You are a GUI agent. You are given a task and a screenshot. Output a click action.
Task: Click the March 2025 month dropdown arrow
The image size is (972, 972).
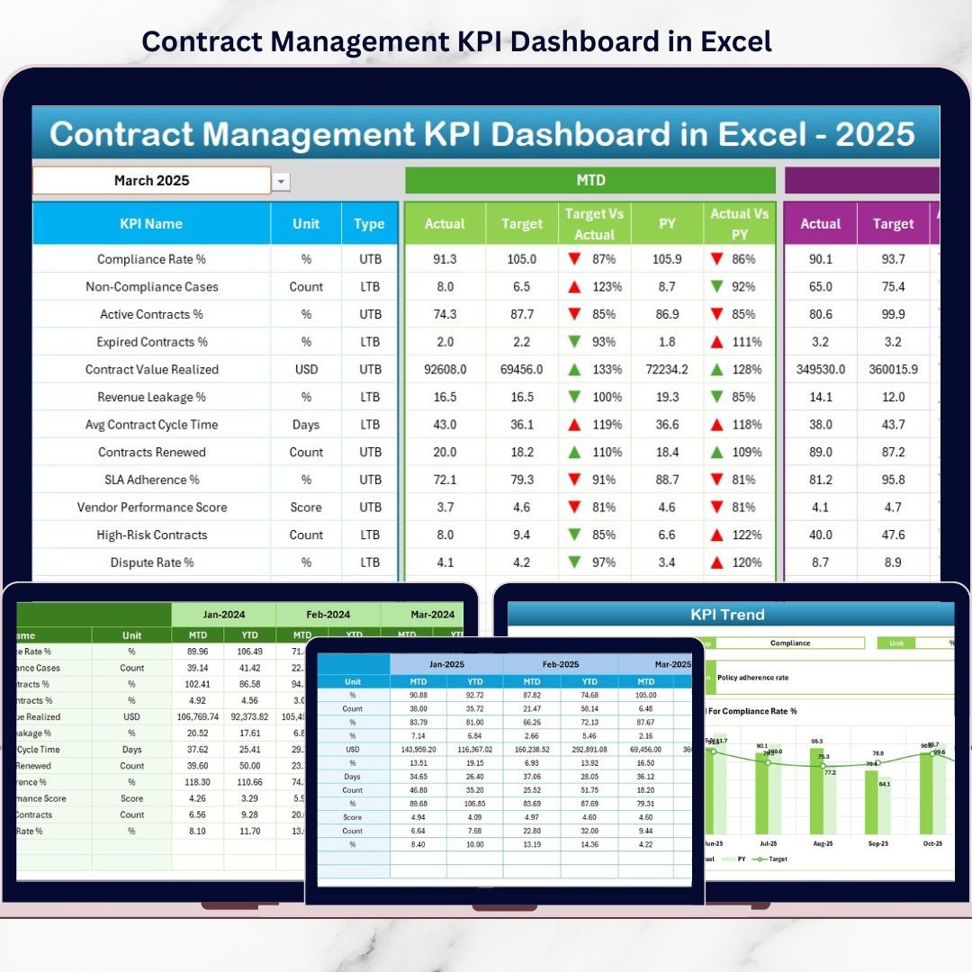(x=282, y=182)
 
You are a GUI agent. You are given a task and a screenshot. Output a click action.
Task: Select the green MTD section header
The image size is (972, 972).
(x=590, y=180)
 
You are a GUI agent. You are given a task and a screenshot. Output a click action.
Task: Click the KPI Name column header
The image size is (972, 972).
(x=151, y=224)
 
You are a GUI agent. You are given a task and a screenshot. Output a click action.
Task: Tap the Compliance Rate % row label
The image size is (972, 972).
(x=151, y=259)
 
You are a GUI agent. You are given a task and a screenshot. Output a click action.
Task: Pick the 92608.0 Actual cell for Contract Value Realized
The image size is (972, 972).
(x=445, y=370)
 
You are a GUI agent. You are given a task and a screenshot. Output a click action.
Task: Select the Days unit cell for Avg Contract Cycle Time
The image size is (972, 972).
(x=306, y=425)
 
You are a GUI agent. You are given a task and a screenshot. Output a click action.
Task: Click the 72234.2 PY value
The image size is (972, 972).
(x=667, y=370)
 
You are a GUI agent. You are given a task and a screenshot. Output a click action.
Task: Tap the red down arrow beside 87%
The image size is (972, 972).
(x=573, y=259)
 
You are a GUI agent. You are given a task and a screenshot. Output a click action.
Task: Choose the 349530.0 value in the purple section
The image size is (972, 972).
(x=820, y=370)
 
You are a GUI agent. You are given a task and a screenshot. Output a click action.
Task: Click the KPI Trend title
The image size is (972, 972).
(x=727, y=615)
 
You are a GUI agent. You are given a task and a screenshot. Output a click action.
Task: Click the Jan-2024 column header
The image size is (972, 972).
(x=223, y=615)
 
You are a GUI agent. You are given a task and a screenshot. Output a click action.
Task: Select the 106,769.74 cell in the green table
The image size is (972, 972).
(x=196, y=717)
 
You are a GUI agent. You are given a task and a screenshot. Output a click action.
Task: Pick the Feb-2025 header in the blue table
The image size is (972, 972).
(x=559, y=664)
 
